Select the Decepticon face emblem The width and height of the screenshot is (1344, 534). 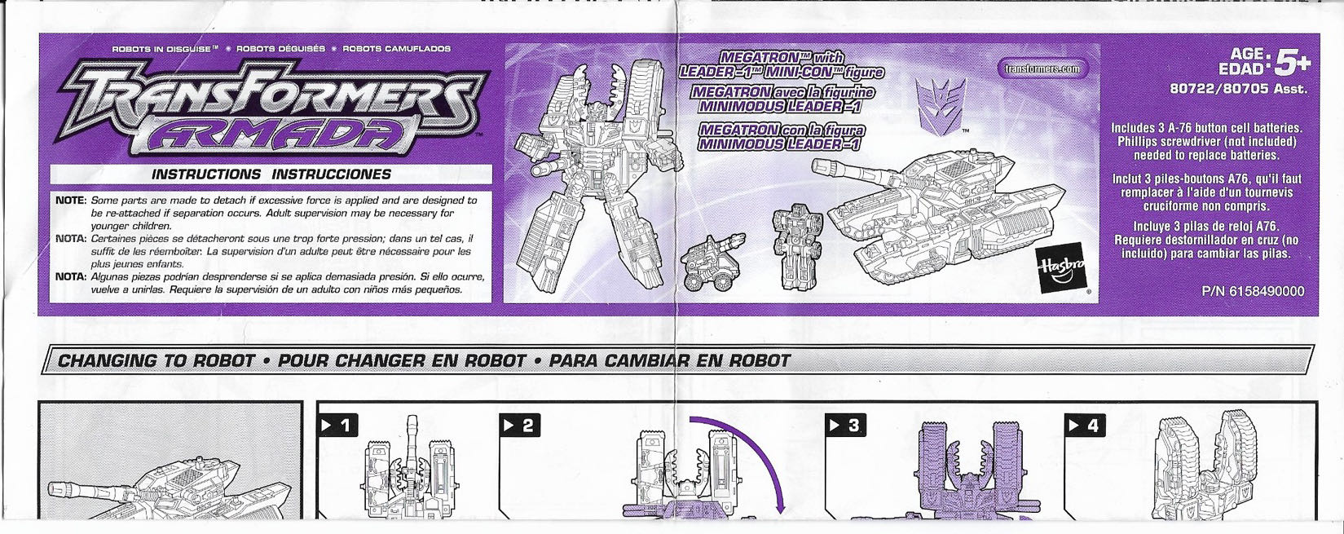[x=941, y=104]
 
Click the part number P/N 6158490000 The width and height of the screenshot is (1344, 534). [x=1252, y=291]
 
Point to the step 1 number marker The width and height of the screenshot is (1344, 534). [x=337, y=425]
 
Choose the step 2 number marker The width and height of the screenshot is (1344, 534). [x=519, y=425]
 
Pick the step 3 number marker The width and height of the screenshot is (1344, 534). [x=846, y=425]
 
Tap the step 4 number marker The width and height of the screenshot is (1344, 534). [x=1085, y=425]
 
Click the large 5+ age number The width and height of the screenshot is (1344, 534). [x=1293, y=62]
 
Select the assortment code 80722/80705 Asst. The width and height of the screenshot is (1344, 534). [x=1239, y=89]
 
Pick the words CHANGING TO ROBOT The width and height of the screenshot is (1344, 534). [x=156, y=360]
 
